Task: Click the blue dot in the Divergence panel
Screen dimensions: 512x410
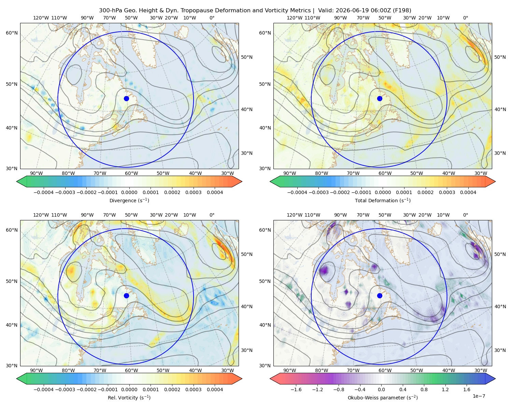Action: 126,98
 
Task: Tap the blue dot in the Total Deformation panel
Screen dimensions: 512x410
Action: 380,98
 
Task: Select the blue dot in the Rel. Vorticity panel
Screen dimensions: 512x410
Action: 126,296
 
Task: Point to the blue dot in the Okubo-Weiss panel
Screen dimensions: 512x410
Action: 380,296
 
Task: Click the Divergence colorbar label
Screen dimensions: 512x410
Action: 129,200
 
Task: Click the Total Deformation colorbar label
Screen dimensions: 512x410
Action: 383,200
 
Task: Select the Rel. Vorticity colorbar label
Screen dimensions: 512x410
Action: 129,397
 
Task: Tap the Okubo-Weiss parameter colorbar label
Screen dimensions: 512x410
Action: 383,397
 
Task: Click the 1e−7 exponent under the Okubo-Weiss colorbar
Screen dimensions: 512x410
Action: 479,396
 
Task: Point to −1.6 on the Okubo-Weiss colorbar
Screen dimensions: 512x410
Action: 296,389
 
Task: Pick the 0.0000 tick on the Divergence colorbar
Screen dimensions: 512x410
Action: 129,192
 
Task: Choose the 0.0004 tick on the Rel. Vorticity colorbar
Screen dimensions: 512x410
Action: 215,389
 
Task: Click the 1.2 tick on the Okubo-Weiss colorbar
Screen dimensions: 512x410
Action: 445,389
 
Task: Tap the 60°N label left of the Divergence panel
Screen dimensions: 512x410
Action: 12,33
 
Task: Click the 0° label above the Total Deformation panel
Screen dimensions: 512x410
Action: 465,18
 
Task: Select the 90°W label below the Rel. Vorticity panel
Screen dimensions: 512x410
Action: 36,370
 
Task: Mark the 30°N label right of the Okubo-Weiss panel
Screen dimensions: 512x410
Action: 500,350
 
